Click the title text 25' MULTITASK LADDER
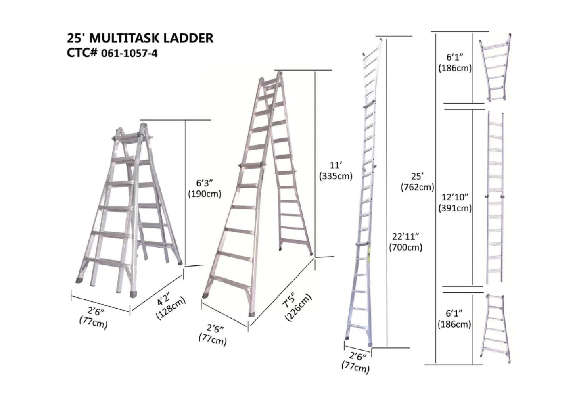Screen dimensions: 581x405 140,38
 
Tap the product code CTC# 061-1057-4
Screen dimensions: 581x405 112,53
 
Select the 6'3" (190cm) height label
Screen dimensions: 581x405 205,188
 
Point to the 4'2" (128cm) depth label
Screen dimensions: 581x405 170,308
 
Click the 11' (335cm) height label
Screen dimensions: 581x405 336,171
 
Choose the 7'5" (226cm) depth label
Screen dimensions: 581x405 297,307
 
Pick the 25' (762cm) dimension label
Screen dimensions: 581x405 417,182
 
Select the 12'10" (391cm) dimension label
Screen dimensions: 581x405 455,203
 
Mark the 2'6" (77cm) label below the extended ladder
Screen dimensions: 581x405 356,363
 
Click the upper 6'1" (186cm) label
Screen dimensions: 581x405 455,63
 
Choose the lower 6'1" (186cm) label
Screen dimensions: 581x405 454,319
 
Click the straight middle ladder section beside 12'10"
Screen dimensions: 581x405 495,198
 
